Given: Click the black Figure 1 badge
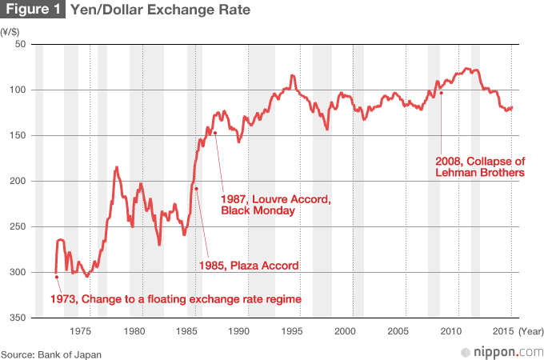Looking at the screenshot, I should pos(34,11).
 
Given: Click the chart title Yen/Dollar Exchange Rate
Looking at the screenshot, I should pos(160,11).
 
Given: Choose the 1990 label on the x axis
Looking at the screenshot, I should pos(239,330).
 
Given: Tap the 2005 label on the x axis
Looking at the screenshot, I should pos(398,330).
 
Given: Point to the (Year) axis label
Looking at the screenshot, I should pos(530,330).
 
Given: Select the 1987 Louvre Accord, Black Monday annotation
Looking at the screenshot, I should pos(274,204).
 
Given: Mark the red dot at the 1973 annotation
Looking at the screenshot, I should pos(56,277).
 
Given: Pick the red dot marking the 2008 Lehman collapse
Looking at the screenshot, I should pos(441,93).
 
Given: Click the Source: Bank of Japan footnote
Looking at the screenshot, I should pos(51,352).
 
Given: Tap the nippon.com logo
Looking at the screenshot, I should pos(500,351).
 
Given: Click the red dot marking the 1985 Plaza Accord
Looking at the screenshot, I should pos(196,189).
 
